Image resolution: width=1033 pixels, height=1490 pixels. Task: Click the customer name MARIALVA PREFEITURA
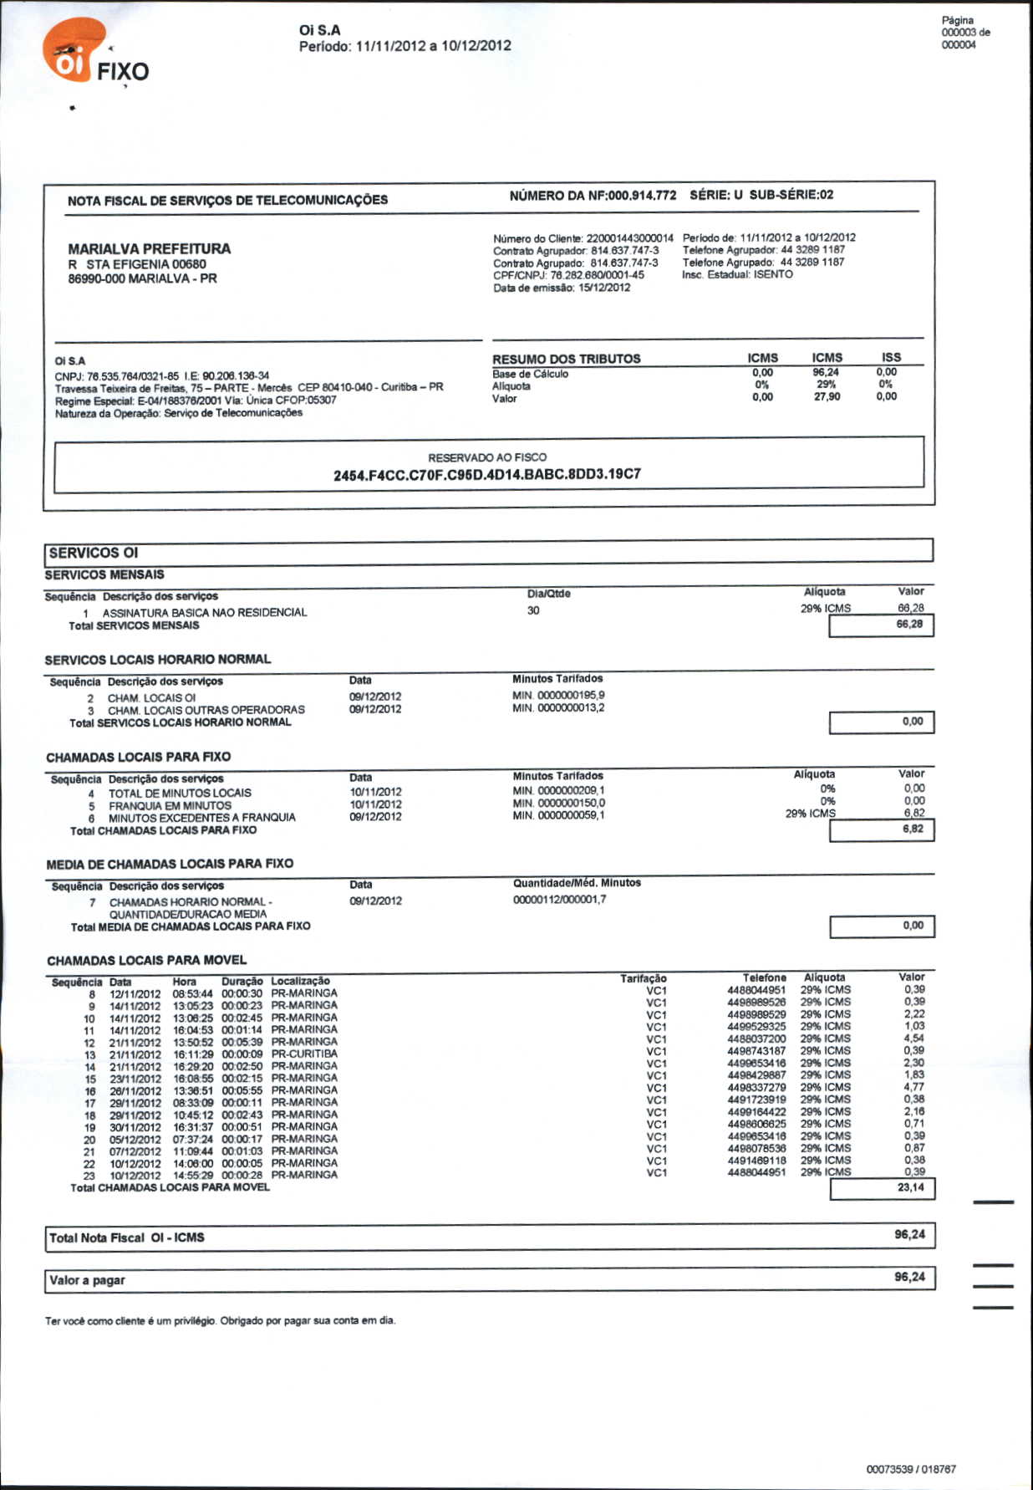click(x=149, y=248)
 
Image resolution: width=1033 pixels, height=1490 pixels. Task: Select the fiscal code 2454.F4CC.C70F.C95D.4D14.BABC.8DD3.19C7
click(x=487, y=474)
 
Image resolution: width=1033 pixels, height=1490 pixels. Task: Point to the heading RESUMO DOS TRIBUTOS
click(x=566, y=359)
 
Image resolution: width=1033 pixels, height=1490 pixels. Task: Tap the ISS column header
click(x=891, y=357)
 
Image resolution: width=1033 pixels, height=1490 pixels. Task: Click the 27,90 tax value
click(x=827, y=397)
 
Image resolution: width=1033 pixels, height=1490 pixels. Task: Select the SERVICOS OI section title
click(x=94, y=553)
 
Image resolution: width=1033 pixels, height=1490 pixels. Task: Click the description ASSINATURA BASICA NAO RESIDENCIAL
click(x=205, y=613)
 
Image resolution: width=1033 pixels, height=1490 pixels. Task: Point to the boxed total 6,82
click(x=913, y=829)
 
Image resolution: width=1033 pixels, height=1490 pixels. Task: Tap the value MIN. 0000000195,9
click(x=558, y=695)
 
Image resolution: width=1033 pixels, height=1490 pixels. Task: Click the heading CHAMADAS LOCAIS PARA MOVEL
click(x=146, y=960)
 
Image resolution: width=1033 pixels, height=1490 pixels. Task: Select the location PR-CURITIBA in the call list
click(x=304, y=1054)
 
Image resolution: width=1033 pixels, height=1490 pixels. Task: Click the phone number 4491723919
click(x=756, y=1100)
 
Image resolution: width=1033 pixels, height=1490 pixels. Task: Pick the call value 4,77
click(x=913, y=1087)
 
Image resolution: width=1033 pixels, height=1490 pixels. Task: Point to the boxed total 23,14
click(x=910, y=1187)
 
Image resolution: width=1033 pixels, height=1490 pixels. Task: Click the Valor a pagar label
click(x=87, y=1280)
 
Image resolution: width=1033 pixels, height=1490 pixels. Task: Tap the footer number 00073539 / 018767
click(x=911, y=1469)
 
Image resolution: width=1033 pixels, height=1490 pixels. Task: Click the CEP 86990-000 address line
click(x=142, y=278)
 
